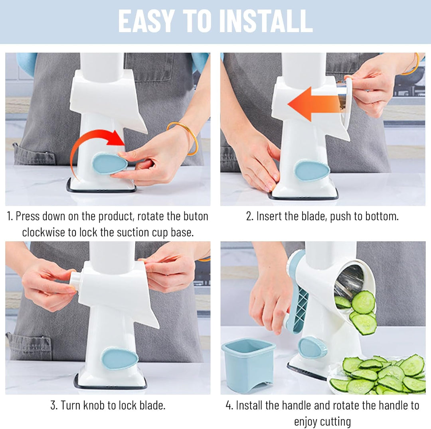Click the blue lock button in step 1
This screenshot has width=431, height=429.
coord(109,164)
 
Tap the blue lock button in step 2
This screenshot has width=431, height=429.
coord(312,170)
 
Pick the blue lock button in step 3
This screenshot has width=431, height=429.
coord(120,358)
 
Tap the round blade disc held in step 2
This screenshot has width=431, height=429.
coord(347,100)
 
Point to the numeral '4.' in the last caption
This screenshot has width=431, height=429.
coord(229,405)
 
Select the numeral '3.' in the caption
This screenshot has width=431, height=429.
coord(54,405)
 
